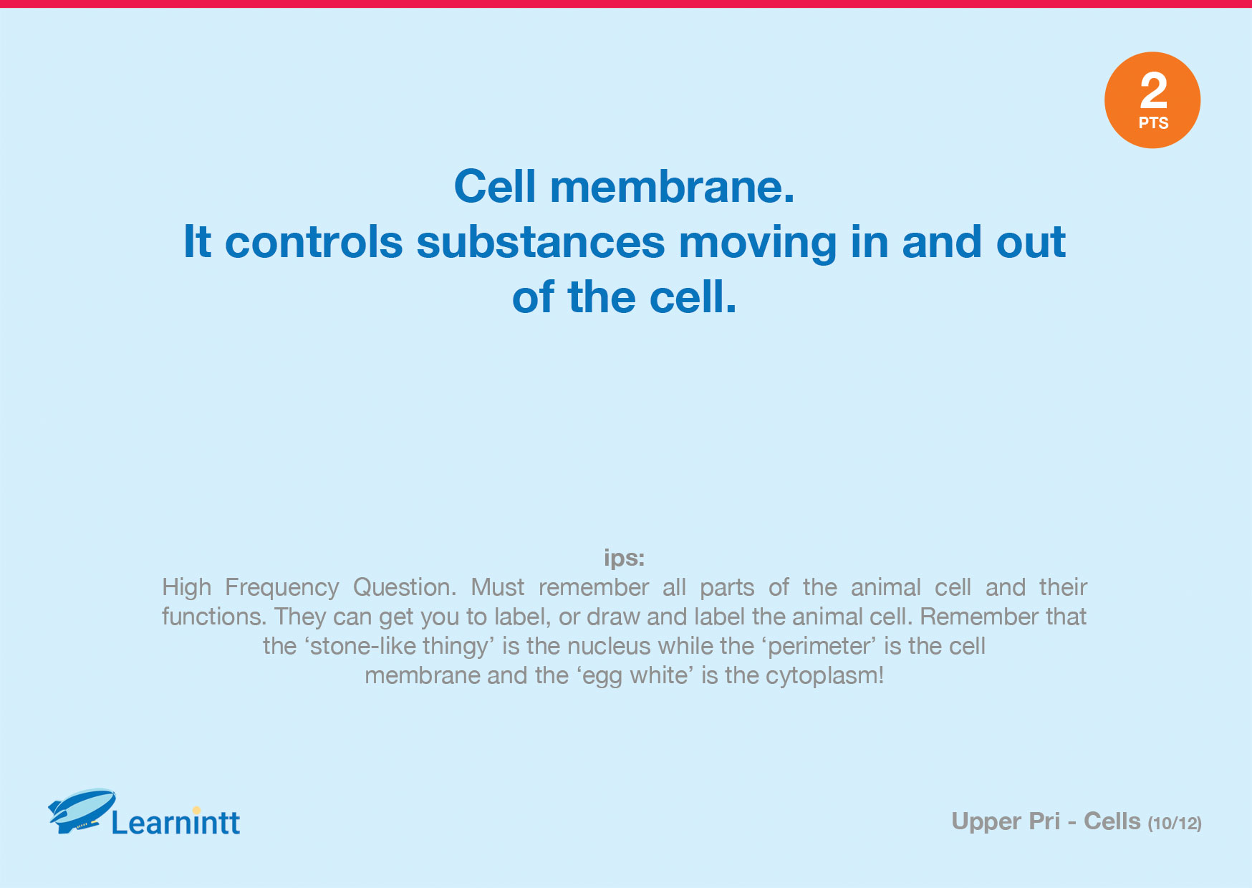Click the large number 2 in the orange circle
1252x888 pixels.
[x=1153, y=90]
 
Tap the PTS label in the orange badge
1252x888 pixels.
[x=1153, y=123]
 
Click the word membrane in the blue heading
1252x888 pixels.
[x=672, y=186]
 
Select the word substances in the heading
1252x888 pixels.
[x=541, y=242]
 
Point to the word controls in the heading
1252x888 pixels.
[x=314, y=242]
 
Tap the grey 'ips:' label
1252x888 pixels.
[x=625, y=558]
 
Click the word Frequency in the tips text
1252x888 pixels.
[x=282, y=588]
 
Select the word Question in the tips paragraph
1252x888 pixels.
[x=405, y=588]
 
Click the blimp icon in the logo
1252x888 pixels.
[x=82, y=811]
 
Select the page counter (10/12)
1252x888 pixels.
[x=1175, y=824]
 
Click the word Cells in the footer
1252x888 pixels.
[x=1112, y=821]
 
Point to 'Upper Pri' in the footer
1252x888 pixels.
[x=1006, y=821]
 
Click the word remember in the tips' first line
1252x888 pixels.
[x=594, y=588]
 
